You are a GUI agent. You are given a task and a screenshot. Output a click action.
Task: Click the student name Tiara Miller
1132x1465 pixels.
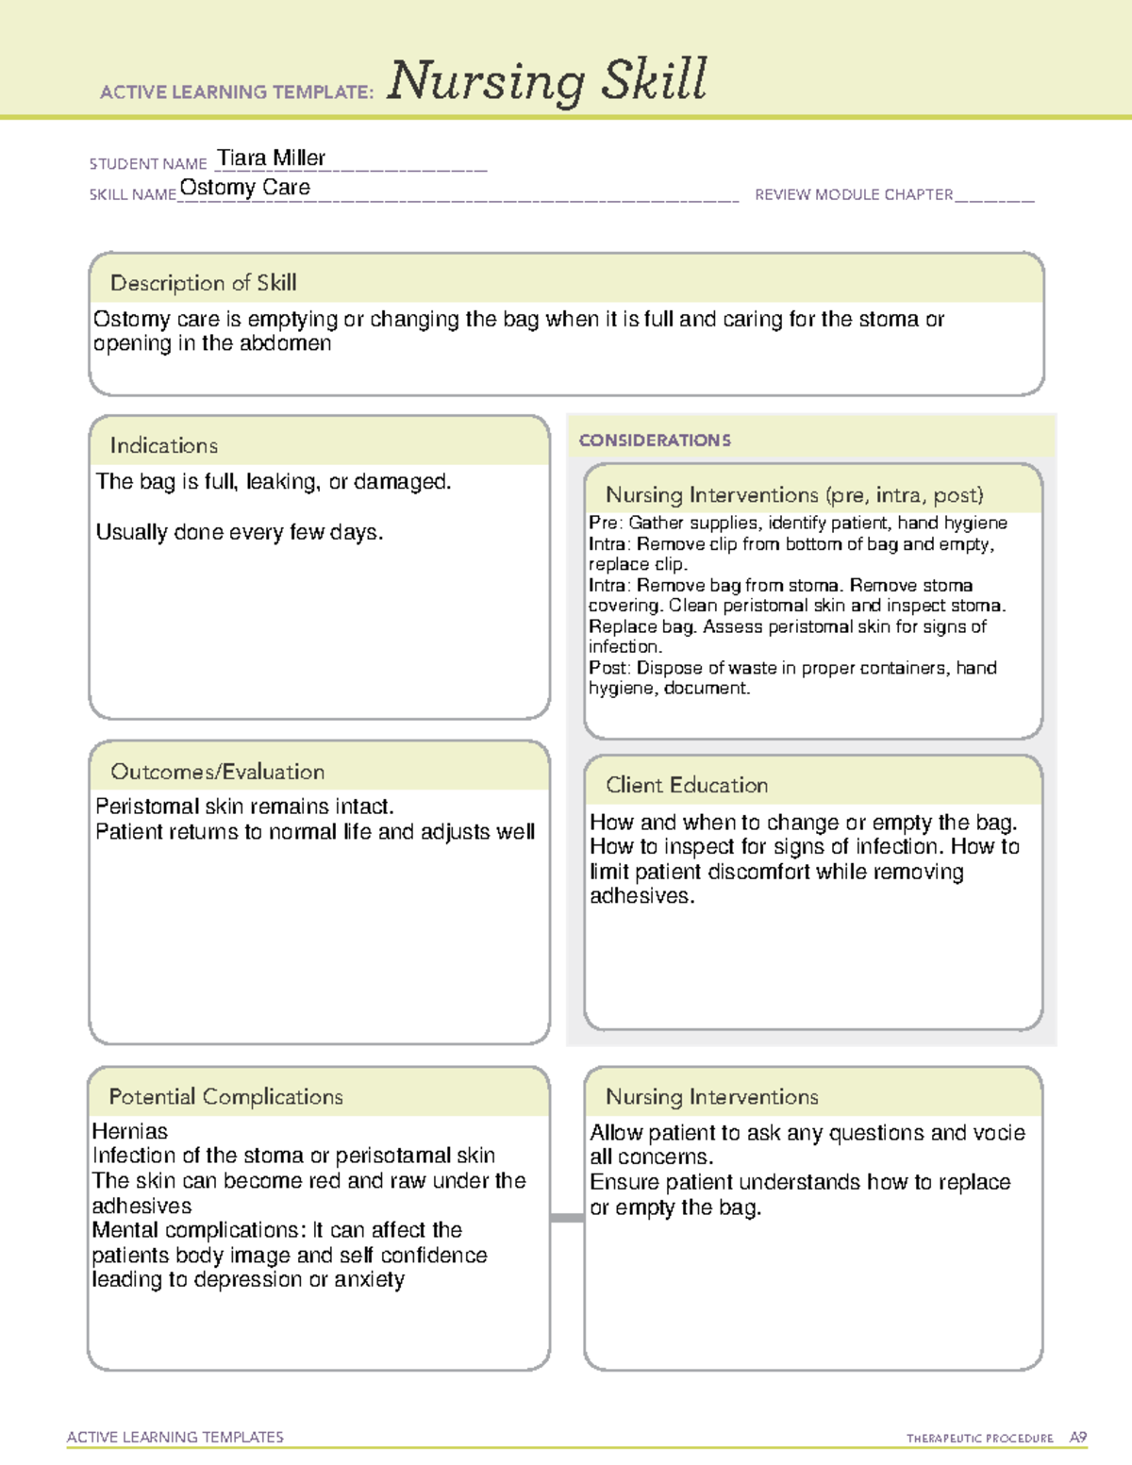coord(271,158)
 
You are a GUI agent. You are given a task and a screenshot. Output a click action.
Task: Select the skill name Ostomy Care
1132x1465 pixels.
coord(244,188)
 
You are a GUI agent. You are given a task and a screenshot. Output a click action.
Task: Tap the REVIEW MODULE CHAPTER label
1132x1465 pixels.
coord(854,194)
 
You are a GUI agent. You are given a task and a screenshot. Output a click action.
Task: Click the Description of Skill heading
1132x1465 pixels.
coord(203,283)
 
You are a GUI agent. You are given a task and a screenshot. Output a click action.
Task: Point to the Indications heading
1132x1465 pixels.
coord(163,445)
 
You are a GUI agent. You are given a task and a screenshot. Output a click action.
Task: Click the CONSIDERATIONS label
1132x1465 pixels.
coord(655,441)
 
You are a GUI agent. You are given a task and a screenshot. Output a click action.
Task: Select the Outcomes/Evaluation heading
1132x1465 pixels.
coord(217,772)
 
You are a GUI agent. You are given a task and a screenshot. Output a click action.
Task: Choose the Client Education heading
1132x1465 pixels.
coord(686,785)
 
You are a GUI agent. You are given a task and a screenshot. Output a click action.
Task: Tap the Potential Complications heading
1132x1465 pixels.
coord(225,1096)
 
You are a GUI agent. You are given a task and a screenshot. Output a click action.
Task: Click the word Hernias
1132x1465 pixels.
coord(130,1131)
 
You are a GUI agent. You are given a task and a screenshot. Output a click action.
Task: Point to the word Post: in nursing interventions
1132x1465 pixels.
coord(609,668)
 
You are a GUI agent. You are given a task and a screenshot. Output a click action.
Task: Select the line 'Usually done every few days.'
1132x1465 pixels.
coord(240,533)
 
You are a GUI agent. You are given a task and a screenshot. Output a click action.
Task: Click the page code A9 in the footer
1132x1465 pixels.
coord(1077,1438)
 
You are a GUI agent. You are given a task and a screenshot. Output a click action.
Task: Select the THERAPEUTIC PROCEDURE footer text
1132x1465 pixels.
coord(979,1439)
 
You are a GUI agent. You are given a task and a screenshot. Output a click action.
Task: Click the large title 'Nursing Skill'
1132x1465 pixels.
coord(546,81)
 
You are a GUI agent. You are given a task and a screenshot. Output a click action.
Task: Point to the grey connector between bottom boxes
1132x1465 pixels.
coord(567,1218)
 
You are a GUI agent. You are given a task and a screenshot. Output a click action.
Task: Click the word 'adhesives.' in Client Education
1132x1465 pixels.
coord(641,896)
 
